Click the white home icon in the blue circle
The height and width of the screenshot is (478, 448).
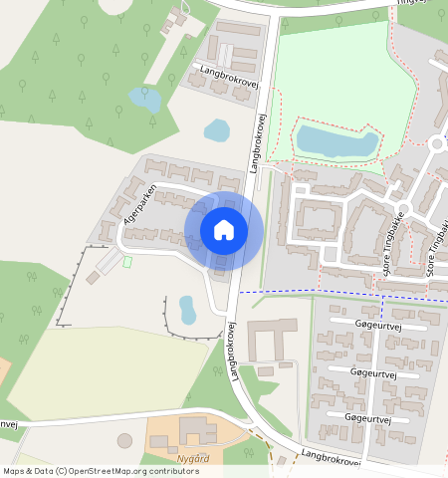tap(224, 231)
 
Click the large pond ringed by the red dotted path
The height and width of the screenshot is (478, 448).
tap(336, 141)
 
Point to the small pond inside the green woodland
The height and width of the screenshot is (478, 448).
tap(144, 99)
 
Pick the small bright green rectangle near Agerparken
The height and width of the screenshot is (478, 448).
tap(126, 262)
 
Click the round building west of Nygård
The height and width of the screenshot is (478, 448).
tap(124, 440)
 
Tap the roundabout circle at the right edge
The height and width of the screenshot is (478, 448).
tap(439, 144)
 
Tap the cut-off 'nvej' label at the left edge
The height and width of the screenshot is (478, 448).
tap(8, 424)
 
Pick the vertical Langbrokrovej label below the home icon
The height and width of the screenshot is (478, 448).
tap(234, 352)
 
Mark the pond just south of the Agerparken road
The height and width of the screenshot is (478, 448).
tap(187, 310)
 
